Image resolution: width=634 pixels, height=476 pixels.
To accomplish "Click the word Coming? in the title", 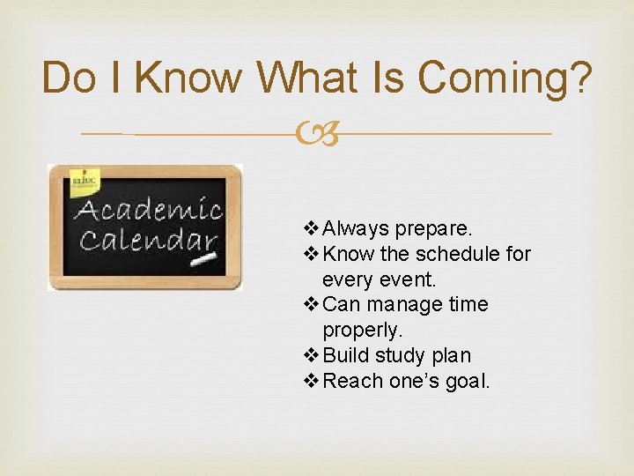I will (505, 78).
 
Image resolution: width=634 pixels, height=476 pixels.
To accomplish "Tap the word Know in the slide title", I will (188, 78).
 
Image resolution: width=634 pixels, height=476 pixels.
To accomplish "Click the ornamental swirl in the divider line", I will (316, 134).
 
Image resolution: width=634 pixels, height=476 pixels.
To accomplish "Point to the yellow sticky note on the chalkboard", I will (85, 181).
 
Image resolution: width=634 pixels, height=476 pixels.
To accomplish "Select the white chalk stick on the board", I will (204, 262).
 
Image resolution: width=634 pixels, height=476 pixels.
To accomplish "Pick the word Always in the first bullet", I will (356, 228).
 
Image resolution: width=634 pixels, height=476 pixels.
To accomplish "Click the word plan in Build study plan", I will (451, 355).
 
